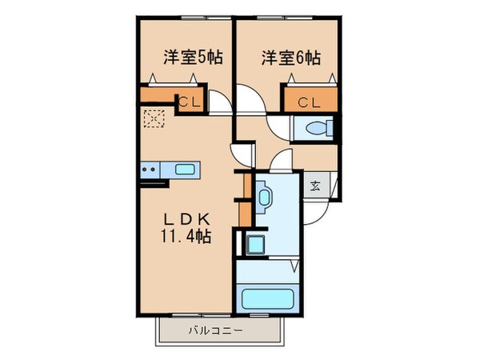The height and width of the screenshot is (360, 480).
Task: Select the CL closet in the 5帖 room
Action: pos(190,102)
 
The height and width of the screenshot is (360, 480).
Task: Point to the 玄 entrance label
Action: pos(315,186)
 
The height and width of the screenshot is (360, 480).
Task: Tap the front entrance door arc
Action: pos(319,210)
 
